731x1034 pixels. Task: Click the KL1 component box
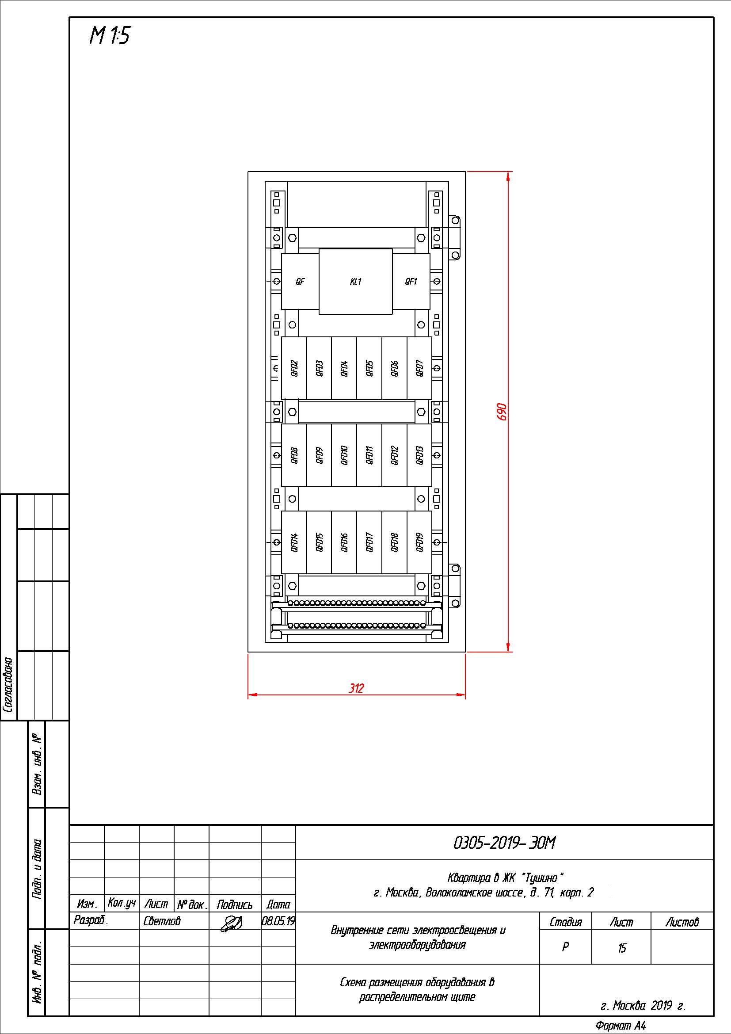coord(356,282)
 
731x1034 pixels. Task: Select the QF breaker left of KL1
coord(300,282)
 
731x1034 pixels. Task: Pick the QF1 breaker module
coord(411,282)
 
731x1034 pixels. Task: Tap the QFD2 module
coord(294,368)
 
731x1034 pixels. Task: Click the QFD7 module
coord(419,368)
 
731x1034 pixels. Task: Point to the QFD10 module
coord(344,455)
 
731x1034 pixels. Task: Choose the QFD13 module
coord(419,455)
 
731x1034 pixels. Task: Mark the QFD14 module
coord(294,542)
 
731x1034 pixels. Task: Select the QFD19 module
coord(419,542)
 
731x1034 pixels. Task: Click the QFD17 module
coord(369,542)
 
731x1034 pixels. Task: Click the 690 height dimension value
coord(502,412)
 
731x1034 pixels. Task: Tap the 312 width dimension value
coord(357,688)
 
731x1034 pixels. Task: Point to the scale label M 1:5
coord(110,35)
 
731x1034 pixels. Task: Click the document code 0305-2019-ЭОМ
coord(505,843)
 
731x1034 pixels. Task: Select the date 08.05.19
coord(278,921)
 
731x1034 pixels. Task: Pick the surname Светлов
coord(162,921)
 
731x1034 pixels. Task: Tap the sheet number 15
coord(622,948)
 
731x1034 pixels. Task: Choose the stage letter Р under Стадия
coord(565,947)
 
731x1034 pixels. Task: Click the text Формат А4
coord(621,1026)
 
